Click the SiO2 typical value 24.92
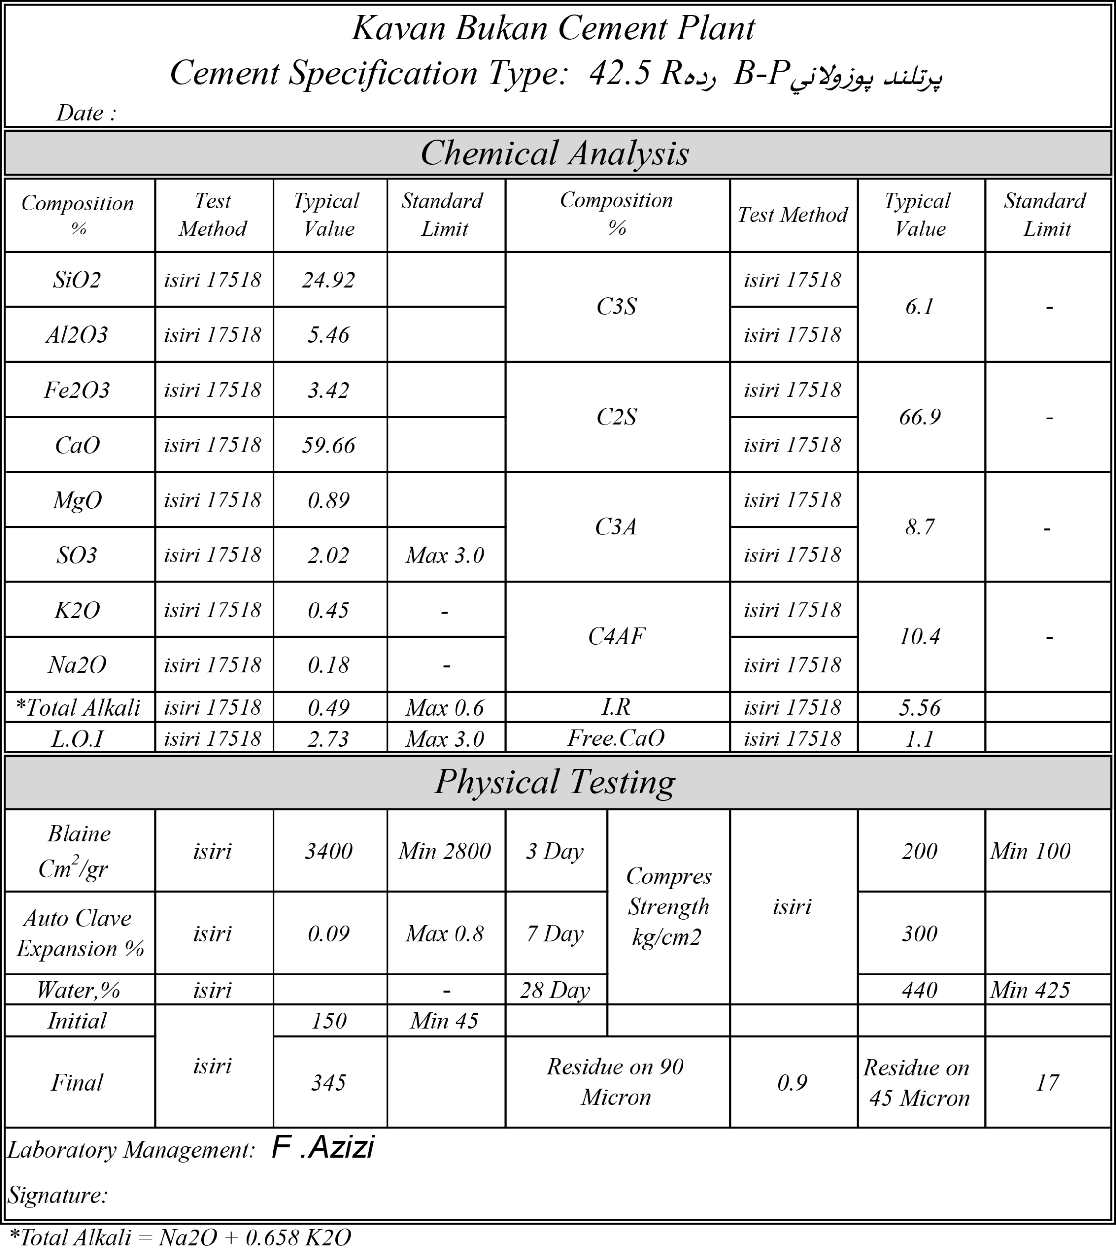click(329, 280)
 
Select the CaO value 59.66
click(329, 445)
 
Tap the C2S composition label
click(616, 417)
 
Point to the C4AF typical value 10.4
click(919, 637)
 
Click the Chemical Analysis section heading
click(555, 153)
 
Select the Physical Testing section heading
click(555, 782)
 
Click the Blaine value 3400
click(329, 851)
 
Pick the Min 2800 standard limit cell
click(445, 851)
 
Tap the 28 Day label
click(554, 990)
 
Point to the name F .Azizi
click(322, 1147)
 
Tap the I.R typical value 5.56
click(919, 708)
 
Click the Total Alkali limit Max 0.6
click(445, 708)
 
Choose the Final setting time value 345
click(329, 1083)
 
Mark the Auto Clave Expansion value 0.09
click(329, 933)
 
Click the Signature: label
click(58, 1195)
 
